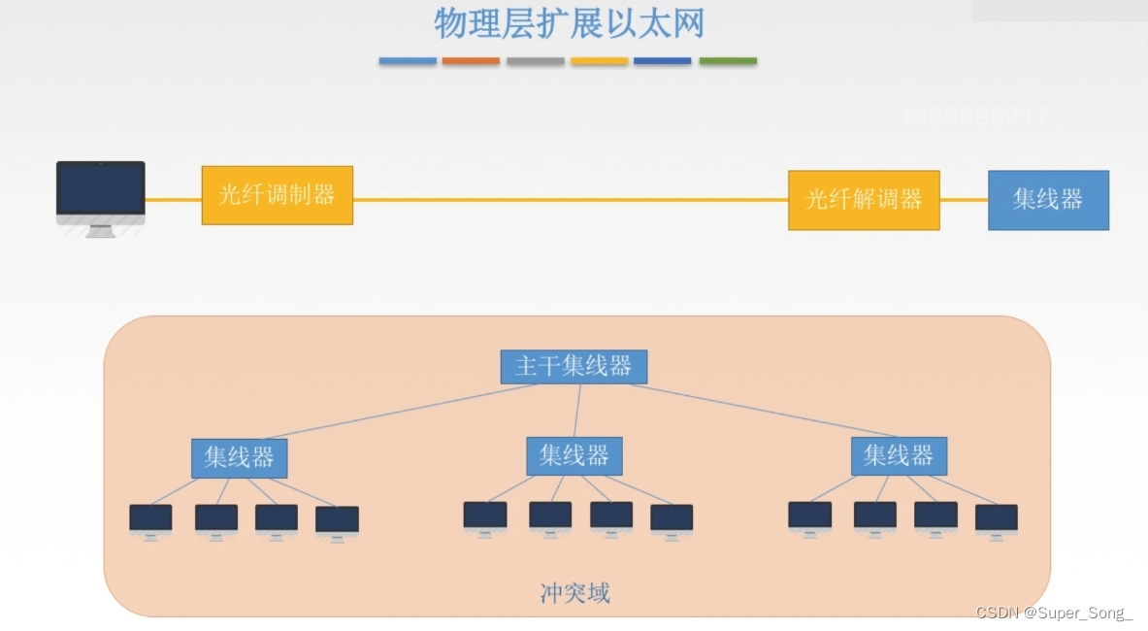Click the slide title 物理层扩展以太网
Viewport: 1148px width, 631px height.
pyautogui.click(x=569, y=23)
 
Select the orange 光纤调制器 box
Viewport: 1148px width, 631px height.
pyautogui.click(x=277, y=195)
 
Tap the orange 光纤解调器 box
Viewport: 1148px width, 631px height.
pyautogui.click(x=864, y=200)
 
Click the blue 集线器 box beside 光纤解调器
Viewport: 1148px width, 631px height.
pyautogui.click(x=1048, y=200)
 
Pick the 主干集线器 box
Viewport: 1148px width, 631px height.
pyautogui.click(x=574, y=366)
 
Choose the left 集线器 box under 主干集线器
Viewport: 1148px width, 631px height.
pyautogui.click(x=239, y=457)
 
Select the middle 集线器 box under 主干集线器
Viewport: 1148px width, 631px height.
pyautogui.click(x=574, y=455)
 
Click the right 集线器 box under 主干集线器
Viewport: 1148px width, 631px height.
pyautogui.click(x=899, y=455)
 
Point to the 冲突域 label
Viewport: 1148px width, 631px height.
pyautogui.click(x=574, y=593)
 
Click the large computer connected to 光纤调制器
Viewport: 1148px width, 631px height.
pyautogui.click(x=100, y=195)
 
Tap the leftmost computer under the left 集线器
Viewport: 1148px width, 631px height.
pyautogui.click(x=150, y=519)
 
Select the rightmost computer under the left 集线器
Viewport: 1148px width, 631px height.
pyautogui.click(x=337, y=521)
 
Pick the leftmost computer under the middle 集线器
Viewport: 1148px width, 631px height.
pyautogui.click(x=485, y=517)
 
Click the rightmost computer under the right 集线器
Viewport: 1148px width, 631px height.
pyautogui.click(x=996, y=519)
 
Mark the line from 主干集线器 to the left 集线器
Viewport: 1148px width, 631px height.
pyautogui.click(x=398, y=412)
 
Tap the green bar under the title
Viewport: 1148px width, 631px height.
pyautogui.click(x=728, y=61)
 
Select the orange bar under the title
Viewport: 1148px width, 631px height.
pyautogui.click(x=471, y=61)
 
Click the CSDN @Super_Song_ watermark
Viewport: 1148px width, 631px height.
pyautogui.click(x=1054, y=614)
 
